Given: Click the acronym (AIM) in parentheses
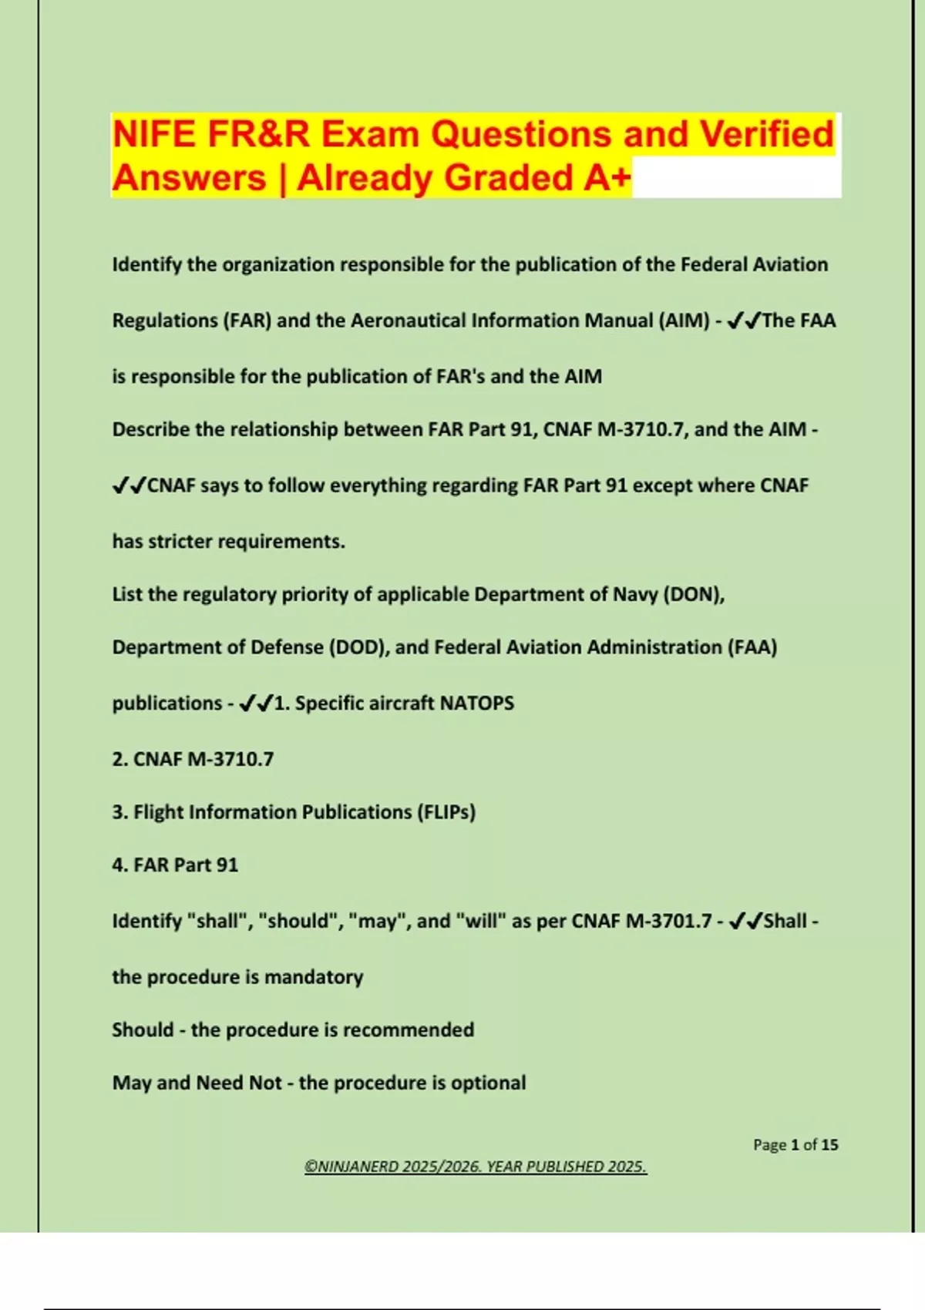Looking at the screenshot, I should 684,321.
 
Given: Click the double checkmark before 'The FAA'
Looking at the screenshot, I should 744,321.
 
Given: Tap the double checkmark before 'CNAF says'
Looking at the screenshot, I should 129,485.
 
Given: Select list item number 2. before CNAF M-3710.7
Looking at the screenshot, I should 119,760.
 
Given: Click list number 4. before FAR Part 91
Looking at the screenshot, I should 119,865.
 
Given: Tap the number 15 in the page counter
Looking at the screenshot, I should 829,1145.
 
